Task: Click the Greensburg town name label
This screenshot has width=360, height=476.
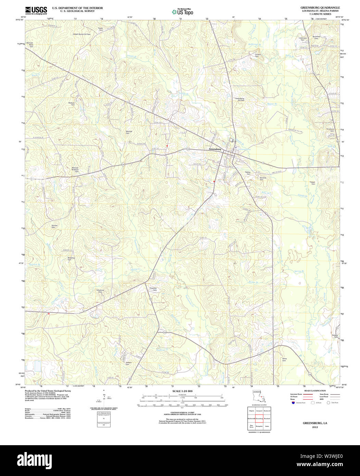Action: [215, 149]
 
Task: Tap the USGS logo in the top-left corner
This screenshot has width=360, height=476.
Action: [36, 10]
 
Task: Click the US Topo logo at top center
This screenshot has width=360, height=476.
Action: [182, 12]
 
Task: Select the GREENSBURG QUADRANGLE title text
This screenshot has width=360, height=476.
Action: [315, 7]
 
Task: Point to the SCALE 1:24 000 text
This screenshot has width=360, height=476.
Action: [182, 391]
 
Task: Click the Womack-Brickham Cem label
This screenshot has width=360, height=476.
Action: [75, 169]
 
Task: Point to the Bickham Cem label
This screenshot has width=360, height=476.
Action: [71, 104]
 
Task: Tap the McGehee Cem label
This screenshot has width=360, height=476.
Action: [71, 259]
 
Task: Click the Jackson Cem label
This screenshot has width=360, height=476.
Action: [128, 363]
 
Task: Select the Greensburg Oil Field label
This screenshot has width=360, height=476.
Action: [239, 99]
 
